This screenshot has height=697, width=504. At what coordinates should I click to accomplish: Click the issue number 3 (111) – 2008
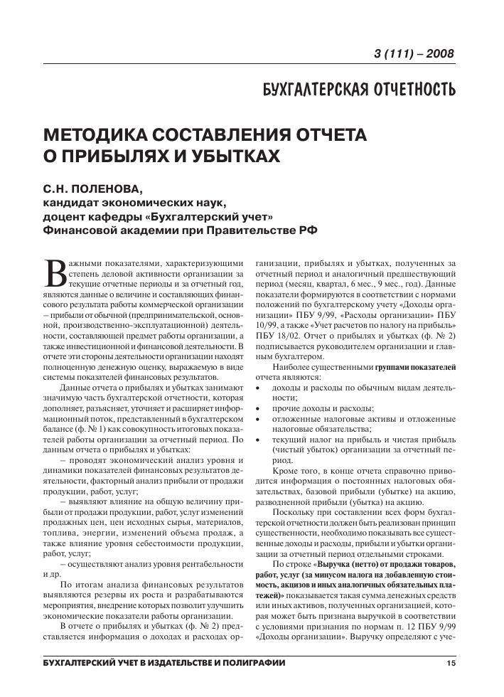413,55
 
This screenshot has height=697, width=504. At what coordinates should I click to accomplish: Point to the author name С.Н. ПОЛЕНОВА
93,190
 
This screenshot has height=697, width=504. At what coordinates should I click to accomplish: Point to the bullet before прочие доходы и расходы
258,408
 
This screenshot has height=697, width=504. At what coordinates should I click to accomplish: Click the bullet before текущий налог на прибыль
258,440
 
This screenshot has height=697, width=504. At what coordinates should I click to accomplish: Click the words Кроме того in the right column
296,472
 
